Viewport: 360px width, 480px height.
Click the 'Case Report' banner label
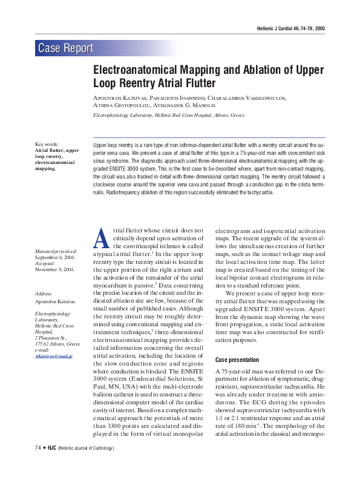[x=65, y=48]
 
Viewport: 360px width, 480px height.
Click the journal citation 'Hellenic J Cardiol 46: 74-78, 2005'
[x=291, y=28]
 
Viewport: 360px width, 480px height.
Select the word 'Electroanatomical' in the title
[x=131, y=70]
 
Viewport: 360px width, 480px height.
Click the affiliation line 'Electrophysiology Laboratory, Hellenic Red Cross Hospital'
[x=168, y=114]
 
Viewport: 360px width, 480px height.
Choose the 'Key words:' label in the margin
[x=47, y=144]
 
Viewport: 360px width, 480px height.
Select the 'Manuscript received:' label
[x=56, y=251]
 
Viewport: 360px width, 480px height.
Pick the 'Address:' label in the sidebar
[x=44, y=294]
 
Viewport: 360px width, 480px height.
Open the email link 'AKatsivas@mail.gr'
[x=54, y=357]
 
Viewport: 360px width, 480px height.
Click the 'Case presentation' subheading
[x=237, y=360]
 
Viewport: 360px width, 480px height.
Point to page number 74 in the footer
[x=38, y=448]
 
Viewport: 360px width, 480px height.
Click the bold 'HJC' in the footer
[x=51, y=448]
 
